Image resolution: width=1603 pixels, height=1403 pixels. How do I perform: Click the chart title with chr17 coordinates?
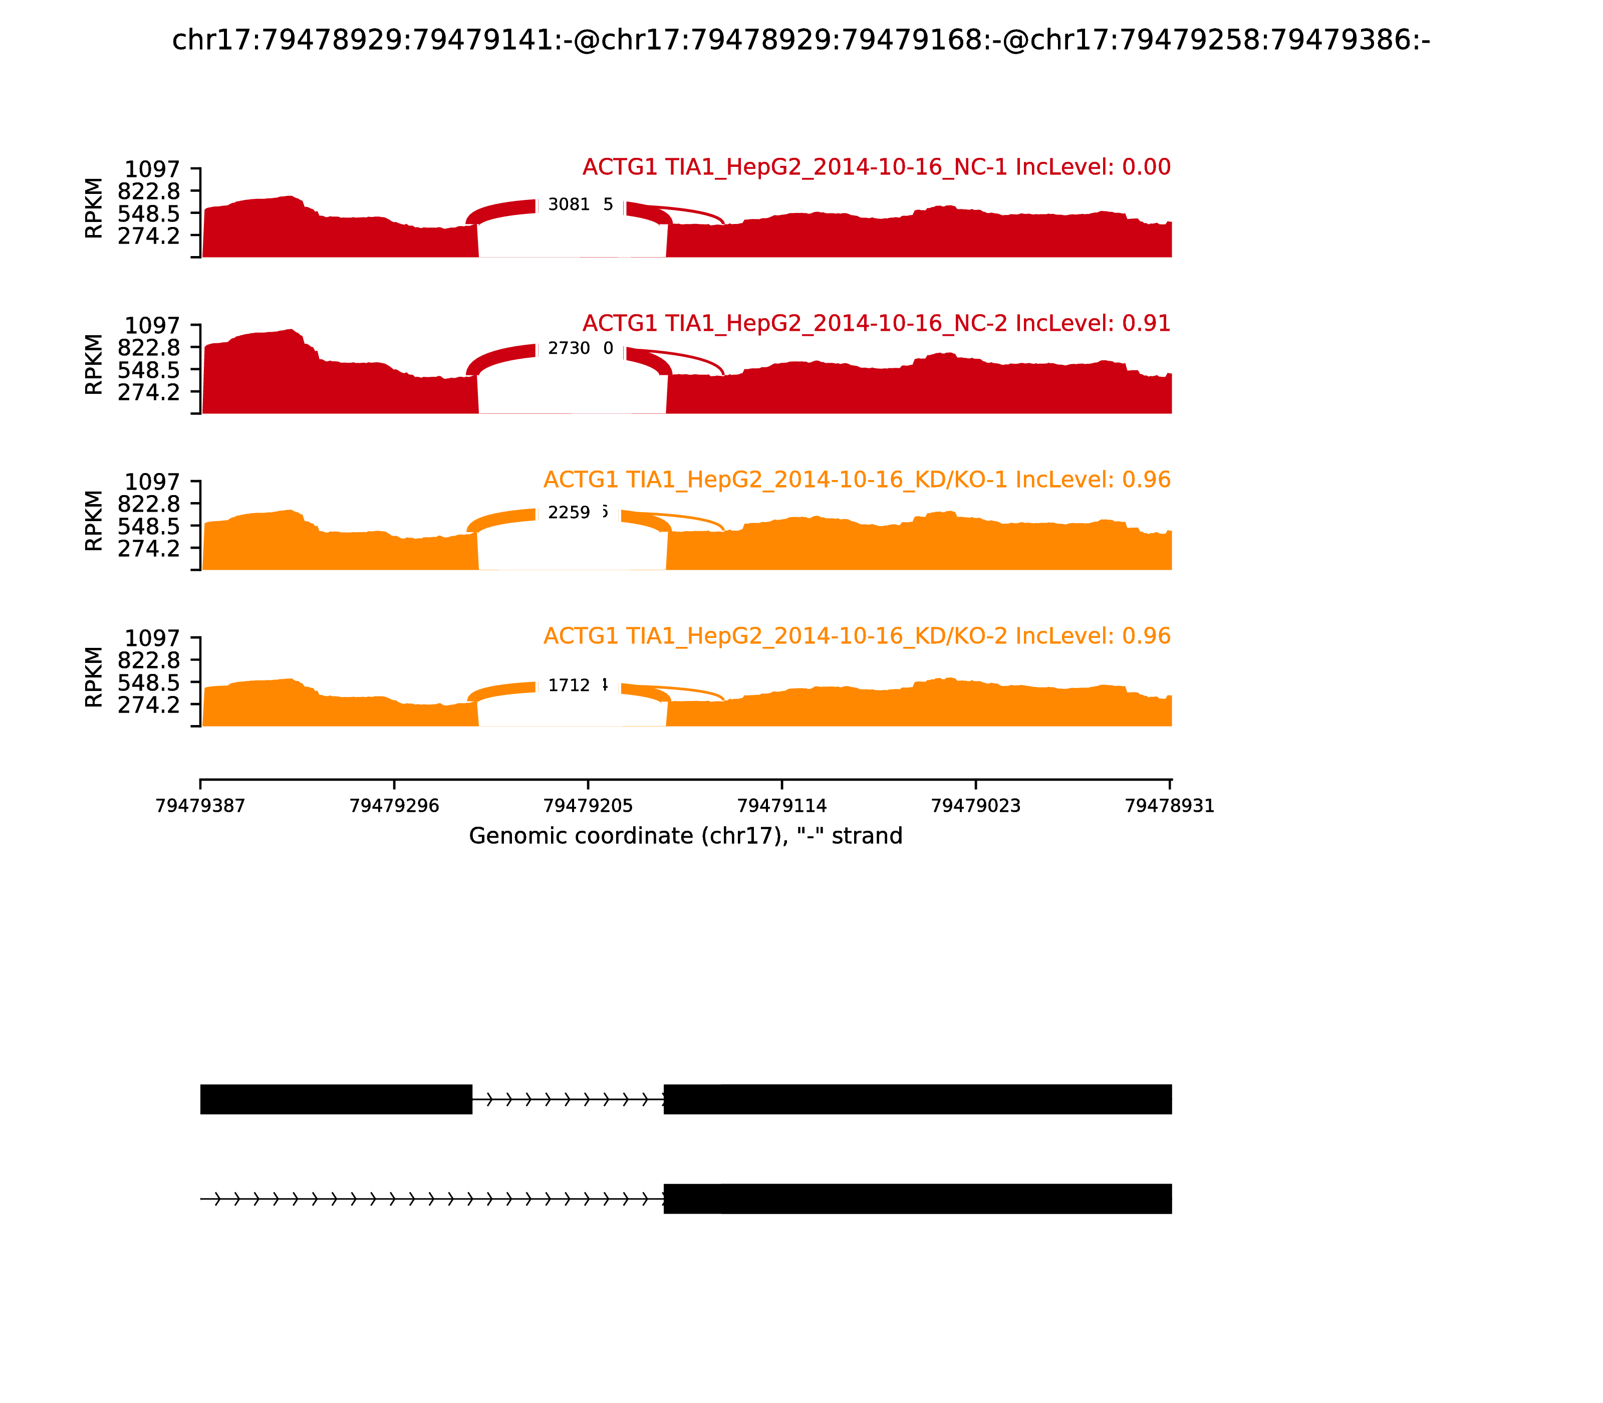pyautogui.click(x=800, y=40)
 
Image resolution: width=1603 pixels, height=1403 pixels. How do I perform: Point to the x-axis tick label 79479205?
pyautogui.click(x=588, y=806)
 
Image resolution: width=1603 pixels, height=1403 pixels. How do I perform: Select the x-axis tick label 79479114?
pyautogui.click(x=782, y=806)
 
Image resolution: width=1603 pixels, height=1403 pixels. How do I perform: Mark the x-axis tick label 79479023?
pyautogui.click(x=975, y=806)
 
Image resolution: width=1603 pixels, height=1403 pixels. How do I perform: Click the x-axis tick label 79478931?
pyautogui.click(x=1169, y=806)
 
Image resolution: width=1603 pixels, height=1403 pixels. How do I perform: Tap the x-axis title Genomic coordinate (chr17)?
pyautogui.click(x=686, y=836)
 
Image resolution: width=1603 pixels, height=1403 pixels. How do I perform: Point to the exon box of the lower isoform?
pyautogui.click(x=917, y=1199)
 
